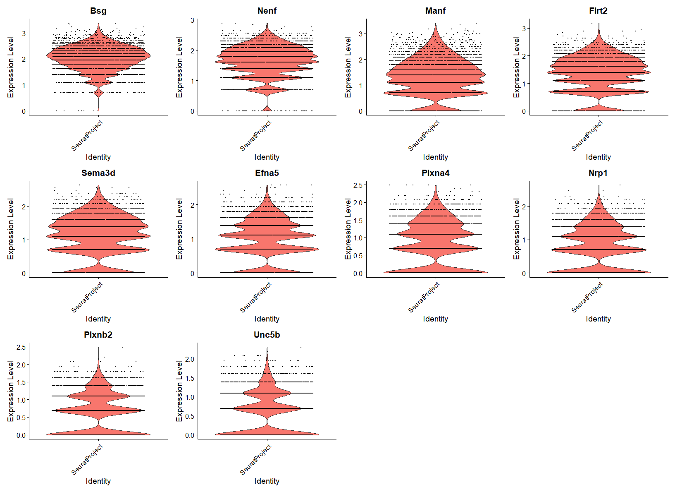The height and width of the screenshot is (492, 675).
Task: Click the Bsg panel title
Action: point(98,11)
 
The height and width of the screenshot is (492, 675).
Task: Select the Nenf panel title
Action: point(267,11)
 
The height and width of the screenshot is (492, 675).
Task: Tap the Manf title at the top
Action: point(435,11)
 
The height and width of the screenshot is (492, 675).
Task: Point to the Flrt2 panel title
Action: point(598,11)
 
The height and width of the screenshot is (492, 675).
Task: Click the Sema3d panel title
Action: point(98,173)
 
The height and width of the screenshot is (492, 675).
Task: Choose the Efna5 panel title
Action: point(267,173)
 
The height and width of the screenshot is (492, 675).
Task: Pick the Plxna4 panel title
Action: point(435,173)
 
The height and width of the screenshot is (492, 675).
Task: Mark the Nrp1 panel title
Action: point(598,173)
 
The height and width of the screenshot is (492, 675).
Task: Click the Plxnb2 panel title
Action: point(98,335)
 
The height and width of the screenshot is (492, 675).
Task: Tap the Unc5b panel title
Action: point(267,335)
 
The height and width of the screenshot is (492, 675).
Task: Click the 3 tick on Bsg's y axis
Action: point(24,33)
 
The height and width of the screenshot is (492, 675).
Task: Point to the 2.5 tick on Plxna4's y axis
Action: point(358,185)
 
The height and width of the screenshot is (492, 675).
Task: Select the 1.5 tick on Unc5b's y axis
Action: point(189,378)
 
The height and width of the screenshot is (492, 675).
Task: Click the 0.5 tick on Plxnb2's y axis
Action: point(21,418)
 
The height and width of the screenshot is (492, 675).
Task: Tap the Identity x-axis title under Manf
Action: point(435,157)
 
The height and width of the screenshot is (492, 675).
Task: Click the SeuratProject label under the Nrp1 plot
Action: point(587,298)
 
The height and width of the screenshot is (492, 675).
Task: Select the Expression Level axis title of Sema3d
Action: point(11,229)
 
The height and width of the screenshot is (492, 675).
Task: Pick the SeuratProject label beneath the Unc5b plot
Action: point(256,459)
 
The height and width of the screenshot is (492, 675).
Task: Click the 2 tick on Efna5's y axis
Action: point(192,205)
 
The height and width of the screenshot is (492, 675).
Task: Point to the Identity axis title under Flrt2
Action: point(598,157)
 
